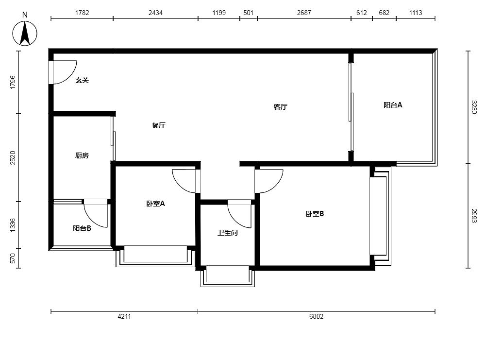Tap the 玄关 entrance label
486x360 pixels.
(x=82, y=80)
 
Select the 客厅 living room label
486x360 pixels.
(x=281, y=107)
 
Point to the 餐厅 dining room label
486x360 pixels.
(x=159, y=125)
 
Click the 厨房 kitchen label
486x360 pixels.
(x=82, y=155)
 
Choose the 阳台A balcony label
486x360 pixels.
(x=393, y=105)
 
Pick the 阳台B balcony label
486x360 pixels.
(x=82, y=228)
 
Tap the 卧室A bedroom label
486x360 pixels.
(x=155, y=204)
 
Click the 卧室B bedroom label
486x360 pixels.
(x=315, y=214)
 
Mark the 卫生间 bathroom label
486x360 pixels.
(x=228, y=233)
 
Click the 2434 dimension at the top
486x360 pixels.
(x=155, y=13)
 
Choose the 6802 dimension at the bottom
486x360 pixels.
(x=316, y=316)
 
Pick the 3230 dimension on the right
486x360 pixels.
(x=474, y=107)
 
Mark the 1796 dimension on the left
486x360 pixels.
(x=13, y=82)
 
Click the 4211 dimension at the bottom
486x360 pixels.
(x=124, y=316)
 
